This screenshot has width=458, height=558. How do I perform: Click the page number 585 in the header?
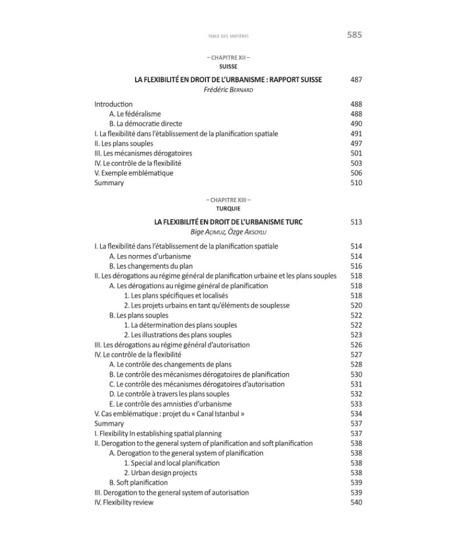pos(354,35)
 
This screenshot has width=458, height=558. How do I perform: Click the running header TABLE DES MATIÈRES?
pos(228,37)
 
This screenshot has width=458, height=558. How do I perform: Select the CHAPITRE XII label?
pos(228,58)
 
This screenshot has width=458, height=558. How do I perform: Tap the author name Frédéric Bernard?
pos(228,90)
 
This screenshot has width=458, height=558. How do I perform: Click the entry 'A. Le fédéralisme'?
pos(135,114)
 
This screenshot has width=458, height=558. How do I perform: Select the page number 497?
pos(356,144)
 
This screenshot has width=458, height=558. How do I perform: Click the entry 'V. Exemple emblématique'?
pos(133,173)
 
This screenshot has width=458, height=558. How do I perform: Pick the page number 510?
pos(356,183)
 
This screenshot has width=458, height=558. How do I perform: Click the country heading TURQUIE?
pos(228,209)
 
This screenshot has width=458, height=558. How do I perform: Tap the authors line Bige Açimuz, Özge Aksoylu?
pos(228,232)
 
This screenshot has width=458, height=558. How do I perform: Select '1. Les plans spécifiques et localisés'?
pos(176,296)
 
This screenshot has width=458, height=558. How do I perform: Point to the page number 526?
pos(356,345)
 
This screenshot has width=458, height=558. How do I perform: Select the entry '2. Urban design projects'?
pos(160,473)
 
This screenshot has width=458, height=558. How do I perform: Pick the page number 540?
pos(356,503)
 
